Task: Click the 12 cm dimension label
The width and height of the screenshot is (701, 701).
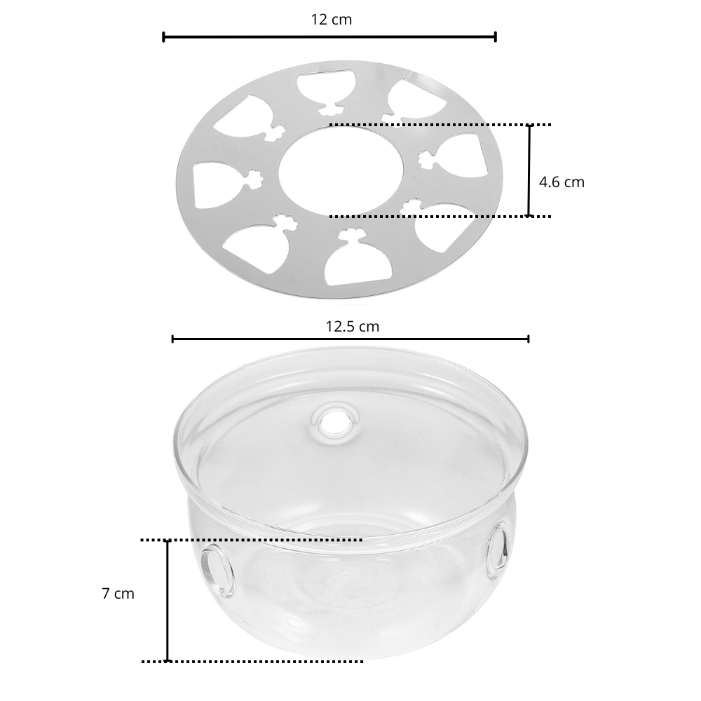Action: (x=332, y=20)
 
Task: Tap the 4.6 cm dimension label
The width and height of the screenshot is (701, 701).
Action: (x=562, y=182)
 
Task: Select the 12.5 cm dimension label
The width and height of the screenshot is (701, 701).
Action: (x=353, y=327)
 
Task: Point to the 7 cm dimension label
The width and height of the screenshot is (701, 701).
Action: (x=118, y=593)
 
